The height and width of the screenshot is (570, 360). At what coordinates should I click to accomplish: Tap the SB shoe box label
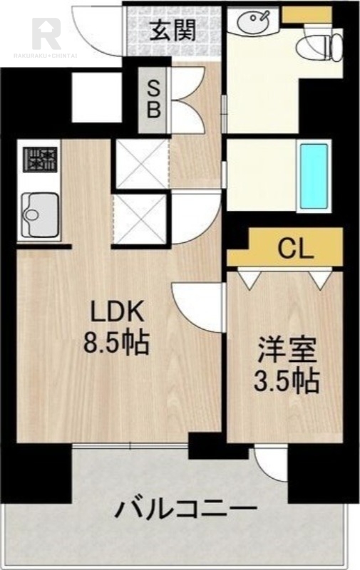[x=154, y=100]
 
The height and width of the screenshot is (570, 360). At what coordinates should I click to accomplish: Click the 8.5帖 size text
[x=117, y=344]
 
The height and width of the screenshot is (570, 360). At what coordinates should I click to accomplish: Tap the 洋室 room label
[x=287, y=351]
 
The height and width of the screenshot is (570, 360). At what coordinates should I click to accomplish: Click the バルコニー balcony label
[x=185, y=509]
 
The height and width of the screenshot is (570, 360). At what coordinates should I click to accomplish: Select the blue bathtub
[x=313, y=175]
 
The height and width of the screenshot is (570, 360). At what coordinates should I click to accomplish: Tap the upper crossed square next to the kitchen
[x=141, y=165]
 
